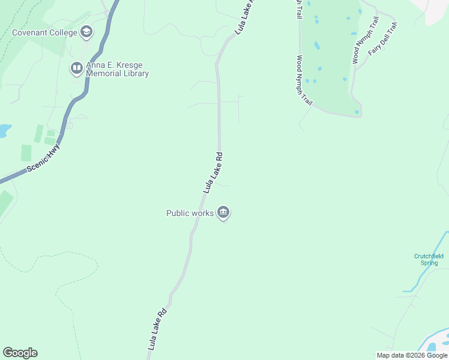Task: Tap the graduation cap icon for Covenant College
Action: pos(86,32)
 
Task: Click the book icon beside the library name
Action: pos(76,68)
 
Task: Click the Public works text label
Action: pos(190,213)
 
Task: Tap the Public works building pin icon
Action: pos(223,212)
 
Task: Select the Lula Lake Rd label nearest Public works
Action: pos(213,172)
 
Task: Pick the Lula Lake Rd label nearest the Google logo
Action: pos(157,329)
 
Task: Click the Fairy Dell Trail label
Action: pos(382,40)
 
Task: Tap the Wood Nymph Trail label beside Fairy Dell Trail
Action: pos(366,40)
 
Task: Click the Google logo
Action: pos(20,353)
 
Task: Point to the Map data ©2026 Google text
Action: pos(412,355)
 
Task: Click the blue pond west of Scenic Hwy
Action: pos(4,130)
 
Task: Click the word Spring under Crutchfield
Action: pos(429,263)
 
